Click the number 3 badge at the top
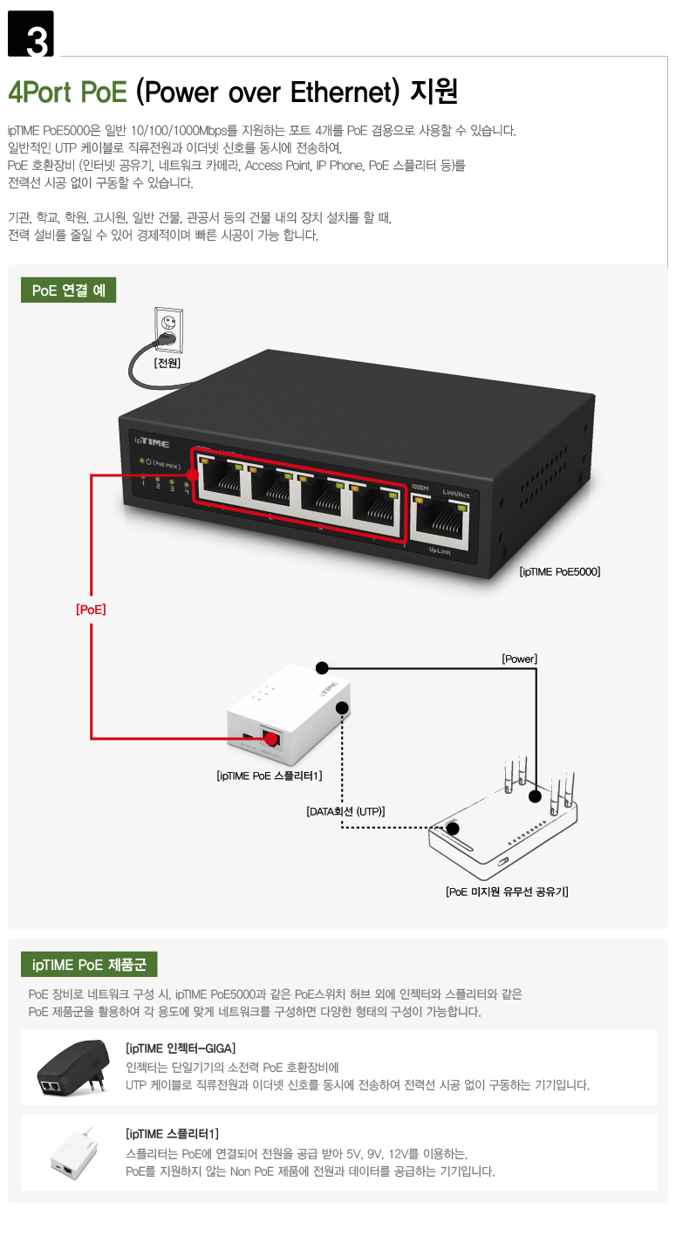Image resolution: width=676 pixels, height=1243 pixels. tap(31, 33)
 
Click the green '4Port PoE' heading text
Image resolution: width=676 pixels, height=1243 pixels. tap(68, 92)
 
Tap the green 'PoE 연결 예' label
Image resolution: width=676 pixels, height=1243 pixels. tap(68, 290)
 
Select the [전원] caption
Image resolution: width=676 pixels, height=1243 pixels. tap(167, 363)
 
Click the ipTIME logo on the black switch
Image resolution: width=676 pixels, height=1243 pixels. tap(152, 442)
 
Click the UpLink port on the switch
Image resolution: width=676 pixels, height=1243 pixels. tap(440, 522)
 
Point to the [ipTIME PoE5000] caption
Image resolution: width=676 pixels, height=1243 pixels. tap(559, 571)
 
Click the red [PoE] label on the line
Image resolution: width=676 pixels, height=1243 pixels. tap(91, 610)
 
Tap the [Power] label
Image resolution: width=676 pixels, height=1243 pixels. tap(520, 659)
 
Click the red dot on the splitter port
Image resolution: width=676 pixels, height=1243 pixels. tap(271, 739)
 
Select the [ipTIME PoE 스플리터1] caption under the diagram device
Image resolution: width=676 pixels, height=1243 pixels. tap(270, 775)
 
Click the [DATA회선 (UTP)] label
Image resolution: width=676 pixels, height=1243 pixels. tap(345, 811)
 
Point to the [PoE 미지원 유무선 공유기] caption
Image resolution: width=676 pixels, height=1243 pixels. tap(507, 891)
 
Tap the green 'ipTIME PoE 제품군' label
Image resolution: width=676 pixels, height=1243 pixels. tap(89, 965)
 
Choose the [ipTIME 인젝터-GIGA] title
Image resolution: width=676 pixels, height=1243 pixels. tap(181, 1048)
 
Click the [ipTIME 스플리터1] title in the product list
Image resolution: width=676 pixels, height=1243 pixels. tap(172, 1134)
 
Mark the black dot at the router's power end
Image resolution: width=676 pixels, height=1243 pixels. tap(535, 796)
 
